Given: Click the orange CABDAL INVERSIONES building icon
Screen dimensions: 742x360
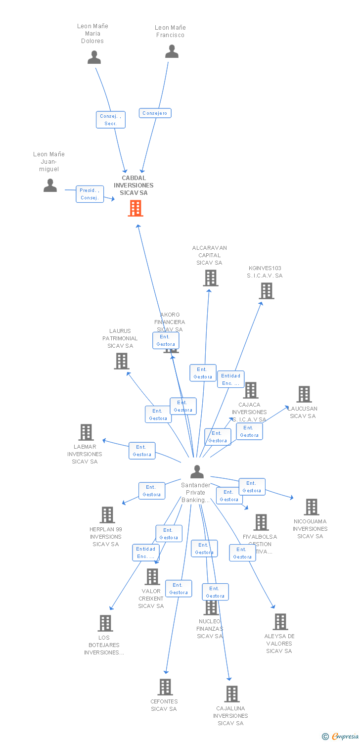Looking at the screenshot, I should (135, 208).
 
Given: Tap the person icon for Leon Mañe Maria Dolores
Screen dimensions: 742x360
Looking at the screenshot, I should (94, 57).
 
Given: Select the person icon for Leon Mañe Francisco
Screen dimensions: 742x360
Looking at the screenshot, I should (172, 51).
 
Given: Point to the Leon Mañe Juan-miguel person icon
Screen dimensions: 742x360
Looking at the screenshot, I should (50, 185).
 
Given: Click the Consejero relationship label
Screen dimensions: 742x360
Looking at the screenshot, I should (155, 113).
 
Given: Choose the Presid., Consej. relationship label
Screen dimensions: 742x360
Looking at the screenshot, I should (90, 194).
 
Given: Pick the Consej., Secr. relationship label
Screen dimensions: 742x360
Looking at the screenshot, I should (110, 120).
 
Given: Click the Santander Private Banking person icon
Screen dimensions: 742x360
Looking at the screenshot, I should (197, 471).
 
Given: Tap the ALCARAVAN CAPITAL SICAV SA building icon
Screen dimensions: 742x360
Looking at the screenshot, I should (211, 278).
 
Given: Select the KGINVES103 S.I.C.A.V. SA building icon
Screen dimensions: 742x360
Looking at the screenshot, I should (267, 291).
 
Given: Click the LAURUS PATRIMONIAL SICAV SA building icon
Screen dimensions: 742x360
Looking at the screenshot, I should (122, 361).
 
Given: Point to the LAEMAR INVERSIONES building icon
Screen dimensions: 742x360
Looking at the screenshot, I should (86, 432).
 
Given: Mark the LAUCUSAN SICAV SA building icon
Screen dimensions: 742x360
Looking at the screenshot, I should (304, 394).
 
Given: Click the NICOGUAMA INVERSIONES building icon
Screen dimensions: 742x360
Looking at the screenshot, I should (311, 507).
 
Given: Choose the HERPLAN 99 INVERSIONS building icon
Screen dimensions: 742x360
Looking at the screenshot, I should (107, 515).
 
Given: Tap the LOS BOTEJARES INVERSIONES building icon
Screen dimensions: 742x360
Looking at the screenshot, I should (105, 623).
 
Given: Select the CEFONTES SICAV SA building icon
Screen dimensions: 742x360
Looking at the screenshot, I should (165, 687).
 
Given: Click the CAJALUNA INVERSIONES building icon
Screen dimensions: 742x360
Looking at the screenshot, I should (231, 694).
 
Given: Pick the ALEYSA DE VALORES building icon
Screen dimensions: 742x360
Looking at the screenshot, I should (280, 622).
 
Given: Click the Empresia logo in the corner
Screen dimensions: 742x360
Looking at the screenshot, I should (341, 737).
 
